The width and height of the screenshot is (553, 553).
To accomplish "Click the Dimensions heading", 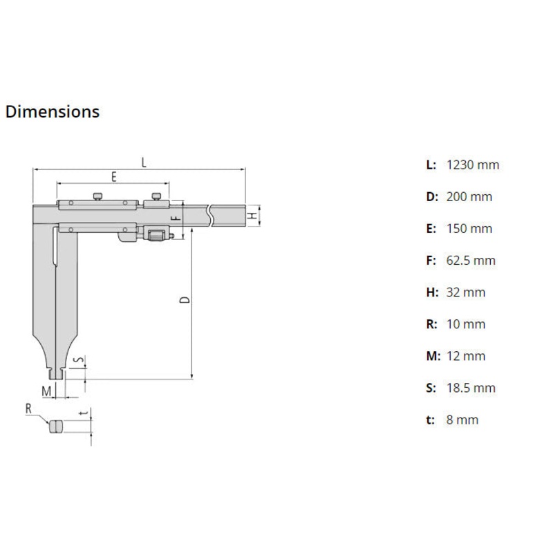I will pyautogui.click(x=53, y=111).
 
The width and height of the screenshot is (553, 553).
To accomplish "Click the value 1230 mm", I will pyautogui.click(x=473, y=165).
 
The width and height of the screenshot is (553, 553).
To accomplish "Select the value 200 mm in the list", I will pyautogui.click(x=469, y=196).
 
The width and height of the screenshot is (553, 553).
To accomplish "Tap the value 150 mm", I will pyautogui.click(x=469, y=228).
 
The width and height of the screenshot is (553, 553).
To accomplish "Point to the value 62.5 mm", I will pyautogui.click(x=471, y=261).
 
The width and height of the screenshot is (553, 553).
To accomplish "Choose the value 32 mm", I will pyautogui.click(x=466, y=292).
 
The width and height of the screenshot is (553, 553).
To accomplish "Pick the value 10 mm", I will pyautogui.click(x=466, y=324).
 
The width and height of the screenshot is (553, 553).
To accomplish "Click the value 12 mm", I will pyautogui.click(x=466, y=356).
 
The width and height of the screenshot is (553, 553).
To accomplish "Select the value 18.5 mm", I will pyautogui.click(x=471, y=388).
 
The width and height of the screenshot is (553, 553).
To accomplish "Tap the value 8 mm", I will pyautogui.click(x=462, y=420).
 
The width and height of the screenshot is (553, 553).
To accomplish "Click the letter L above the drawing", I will pyautogui.click(x=142, y=162).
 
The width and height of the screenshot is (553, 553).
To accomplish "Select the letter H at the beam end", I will pyautogui.click(x=254, y=216).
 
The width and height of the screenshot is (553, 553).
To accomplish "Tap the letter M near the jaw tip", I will pyautogui.click(x=46, y=391).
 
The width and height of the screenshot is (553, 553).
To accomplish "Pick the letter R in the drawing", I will pyautogui.click(x=29, y=409).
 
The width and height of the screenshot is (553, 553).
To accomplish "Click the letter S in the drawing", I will pyautogui.click(x=78, y=360).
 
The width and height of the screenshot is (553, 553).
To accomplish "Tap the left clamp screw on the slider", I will pyautogui.click(x=100, y=197).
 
